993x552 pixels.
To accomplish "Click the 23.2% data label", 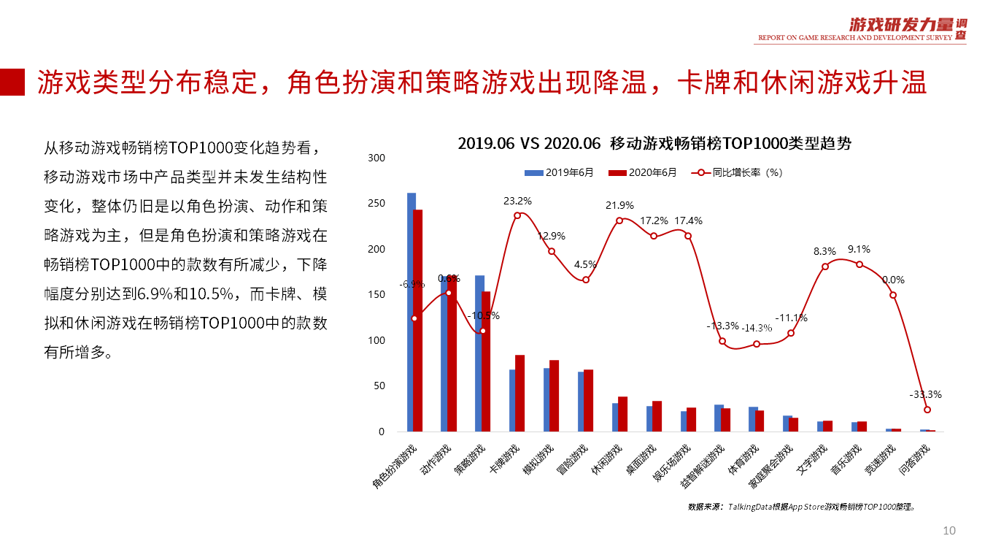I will click(x=517, y=201).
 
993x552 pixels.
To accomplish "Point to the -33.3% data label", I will click(x=925, y=394).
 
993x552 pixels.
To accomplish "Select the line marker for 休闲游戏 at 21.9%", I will click(x=619, y=221).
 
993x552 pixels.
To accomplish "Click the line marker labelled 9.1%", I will click(x=859, y=264).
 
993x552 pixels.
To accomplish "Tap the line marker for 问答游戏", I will click(x=927, y=410).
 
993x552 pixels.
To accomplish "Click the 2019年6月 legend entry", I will click(x=559, y=173).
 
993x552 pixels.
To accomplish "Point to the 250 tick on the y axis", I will click(x=376, y=204).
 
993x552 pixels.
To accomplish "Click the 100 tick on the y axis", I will click(x=376, y=340).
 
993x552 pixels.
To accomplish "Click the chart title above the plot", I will click(x=654, y=144).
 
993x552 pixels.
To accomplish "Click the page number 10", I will click(x=949, y=531).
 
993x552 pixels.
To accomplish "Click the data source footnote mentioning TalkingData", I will click(x=801, y=506).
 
